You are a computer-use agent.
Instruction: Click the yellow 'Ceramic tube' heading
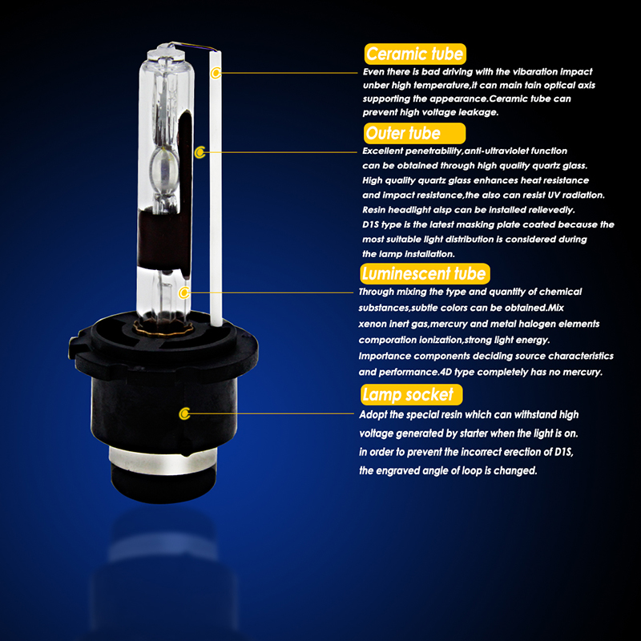point(415,54)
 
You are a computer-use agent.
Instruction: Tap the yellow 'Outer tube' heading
point(414,133)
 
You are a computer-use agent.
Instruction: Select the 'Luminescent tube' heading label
point(425,273)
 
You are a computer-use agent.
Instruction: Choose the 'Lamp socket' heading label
point(411,394)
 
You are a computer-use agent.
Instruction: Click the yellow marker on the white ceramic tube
point(216,73)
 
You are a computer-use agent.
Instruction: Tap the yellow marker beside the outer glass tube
point(200,152)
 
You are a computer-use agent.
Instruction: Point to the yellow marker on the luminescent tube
point(184,292)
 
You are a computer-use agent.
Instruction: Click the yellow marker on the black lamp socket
point(185,413)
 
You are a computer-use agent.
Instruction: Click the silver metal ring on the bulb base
point(163,461)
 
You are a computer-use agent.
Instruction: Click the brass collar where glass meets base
point(163,327)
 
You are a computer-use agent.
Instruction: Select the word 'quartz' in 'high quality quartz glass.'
point(546,166)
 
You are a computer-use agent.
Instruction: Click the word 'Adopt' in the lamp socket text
point(373,415)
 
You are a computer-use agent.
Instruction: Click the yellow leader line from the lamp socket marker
point(272,413)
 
